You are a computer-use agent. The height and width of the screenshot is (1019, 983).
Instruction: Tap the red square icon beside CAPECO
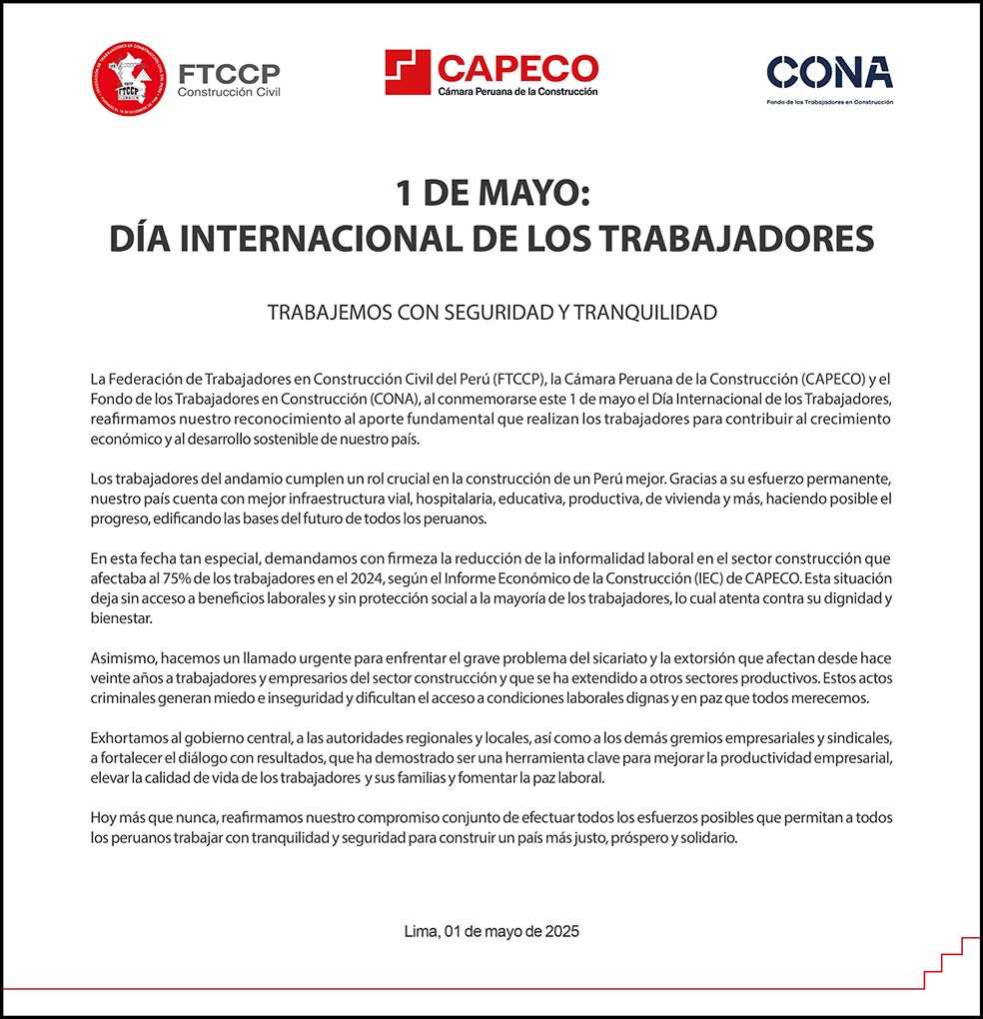pyautogui.click(x=408, y=72)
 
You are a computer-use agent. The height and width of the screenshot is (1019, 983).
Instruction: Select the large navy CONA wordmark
pyautogui.click(x=829, y=73)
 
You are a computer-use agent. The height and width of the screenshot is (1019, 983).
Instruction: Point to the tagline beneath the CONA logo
pyautogui.click(x=829, y=102)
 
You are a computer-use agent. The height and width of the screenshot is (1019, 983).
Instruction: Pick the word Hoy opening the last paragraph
pyautogui.click(x=103, y=817)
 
